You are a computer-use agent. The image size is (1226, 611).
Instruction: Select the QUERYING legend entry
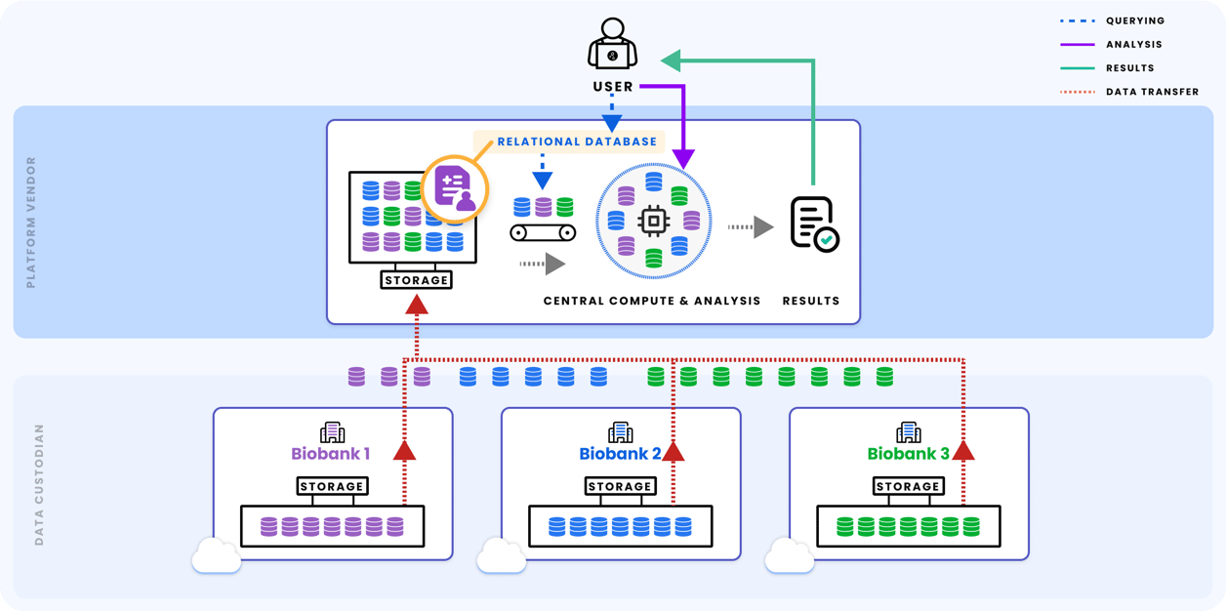tap(1133, 20)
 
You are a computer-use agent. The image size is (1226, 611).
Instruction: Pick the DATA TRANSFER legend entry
tap(1152, 92)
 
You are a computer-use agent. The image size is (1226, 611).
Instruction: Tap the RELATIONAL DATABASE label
tap(577, 142)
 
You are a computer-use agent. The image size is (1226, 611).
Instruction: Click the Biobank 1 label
tap(331, 454)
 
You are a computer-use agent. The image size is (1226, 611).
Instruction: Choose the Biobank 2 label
tap(620, 454)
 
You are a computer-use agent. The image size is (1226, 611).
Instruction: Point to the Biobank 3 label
tap(908, 454)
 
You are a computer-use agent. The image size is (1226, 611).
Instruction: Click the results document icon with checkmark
tap(814, 224)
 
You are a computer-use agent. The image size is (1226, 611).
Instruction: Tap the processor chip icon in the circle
tap(652, 222)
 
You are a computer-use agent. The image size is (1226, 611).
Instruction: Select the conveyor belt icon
tap(543, 232)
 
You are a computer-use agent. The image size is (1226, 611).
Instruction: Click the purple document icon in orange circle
tap(453, 188)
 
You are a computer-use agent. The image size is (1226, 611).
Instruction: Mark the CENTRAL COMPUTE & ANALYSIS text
tap(651, 301)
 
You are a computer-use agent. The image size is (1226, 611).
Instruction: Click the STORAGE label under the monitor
tap(417, 280)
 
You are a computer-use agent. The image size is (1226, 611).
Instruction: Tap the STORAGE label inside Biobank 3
tap(908, 486)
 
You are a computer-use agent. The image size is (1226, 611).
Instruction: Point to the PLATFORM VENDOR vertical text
tap(31, 222)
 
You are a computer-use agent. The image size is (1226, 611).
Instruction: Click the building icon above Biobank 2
tap(620, 431)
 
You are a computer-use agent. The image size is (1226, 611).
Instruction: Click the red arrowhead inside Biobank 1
tap(404, 450)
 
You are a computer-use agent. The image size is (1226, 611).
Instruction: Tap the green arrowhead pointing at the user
tap(671, 61)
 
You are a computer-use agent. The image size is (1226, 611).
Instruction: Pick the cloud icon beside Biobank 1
tap(216, 557)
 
